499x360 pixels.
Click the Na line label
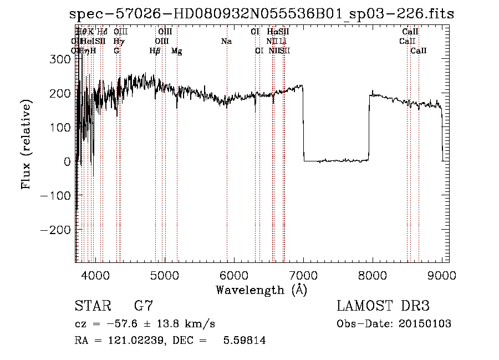pos(226,41)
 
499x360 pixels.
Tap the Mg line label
pos(176,50)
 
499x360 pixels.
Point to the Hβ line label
pos(155,50)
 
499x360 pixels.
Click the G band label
pos(116,50)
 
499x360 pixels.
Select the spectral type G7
pos(144,306)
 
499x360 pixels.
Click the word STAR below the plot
pos(92,306)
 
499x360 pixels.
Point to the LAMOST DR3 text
pos(383,306)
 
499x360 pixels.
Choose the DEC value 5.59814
pos(244,341)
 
